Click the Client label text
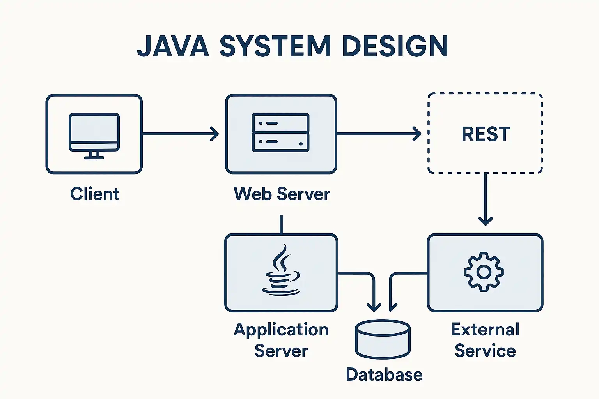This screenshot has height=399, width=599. point(95,194)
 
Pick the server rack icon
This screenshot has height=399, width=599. point(281,132)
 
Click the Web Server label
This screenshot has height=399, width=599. point(282,194)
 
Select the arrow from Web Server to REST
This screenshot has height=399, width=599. point(378,134)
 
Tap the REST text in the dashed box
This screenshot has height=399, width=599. point(486,134)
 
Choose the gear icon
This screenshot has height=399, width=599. point(484,272)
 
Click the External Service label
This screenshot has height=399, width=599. point(485,340)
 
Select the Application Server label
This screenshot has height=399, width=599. point(281,340)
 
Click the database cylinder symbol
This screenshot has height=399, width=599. point(383,339)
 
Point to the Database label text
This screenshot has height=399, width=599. point(384,375)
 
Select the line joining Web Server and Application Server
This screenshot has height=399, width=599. point(281,224)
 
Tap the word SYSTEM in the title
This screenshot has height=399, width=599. point(275,46)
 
